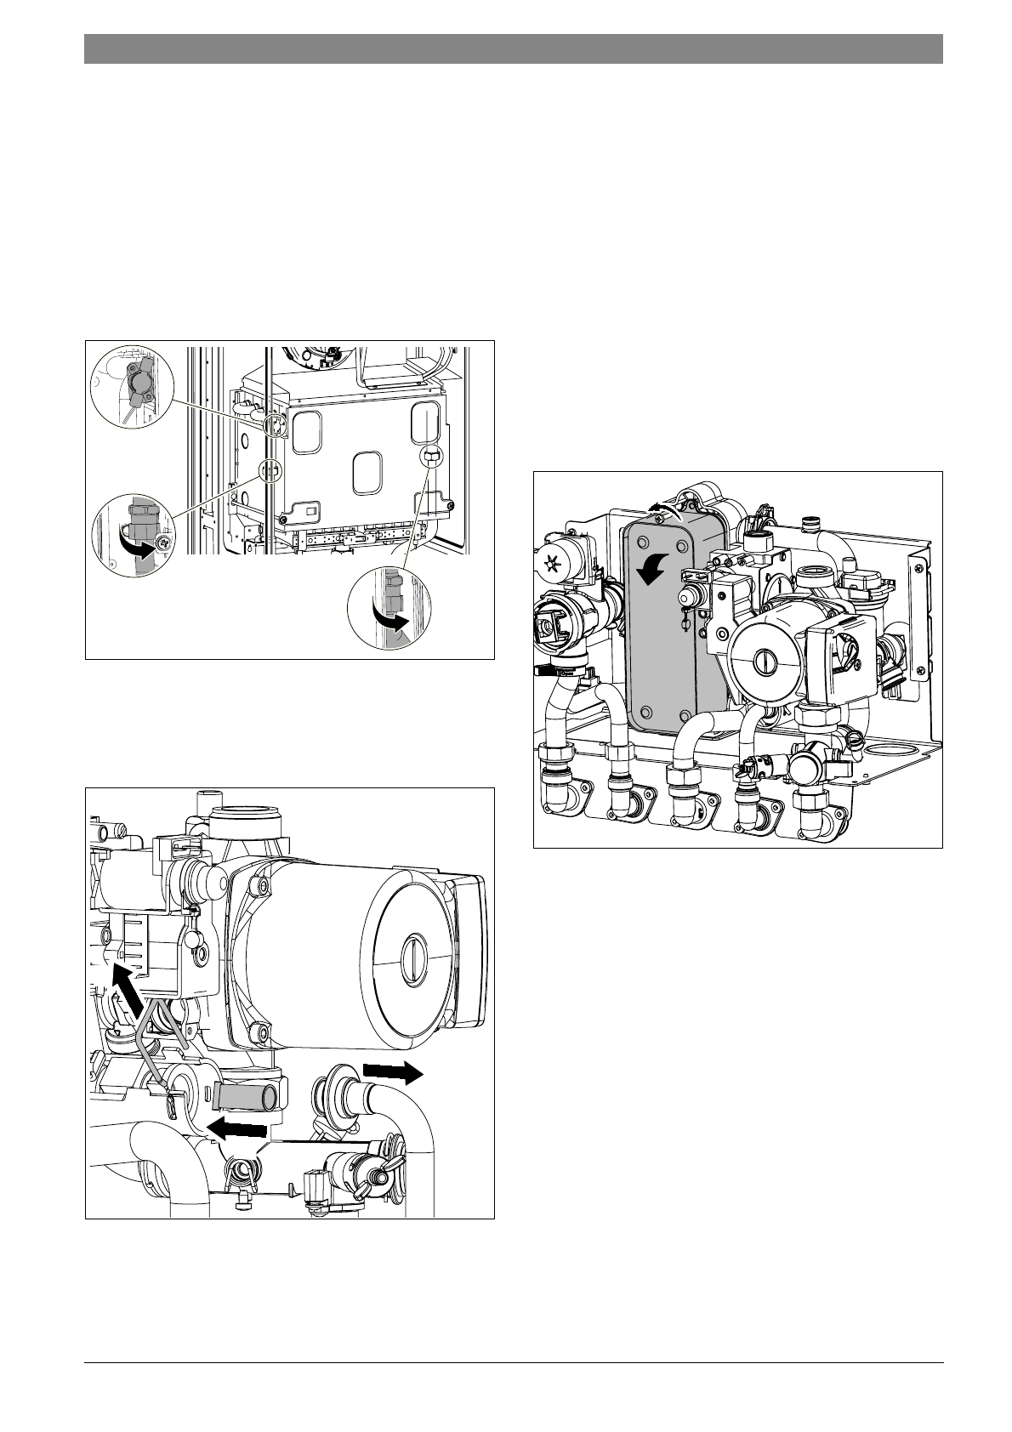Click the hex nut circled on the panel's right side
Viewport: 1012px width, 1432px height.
[429, 457]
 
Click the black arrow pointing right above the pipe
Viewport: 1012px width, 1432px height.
[392, 1072]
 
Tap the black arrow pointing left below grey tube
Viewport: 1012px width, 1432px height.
[239, 1129]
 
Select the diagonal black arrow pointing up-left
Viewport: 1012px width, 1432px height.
[128, 992]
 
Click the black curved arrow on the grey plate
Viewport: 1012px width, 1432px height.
[654, 568]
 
